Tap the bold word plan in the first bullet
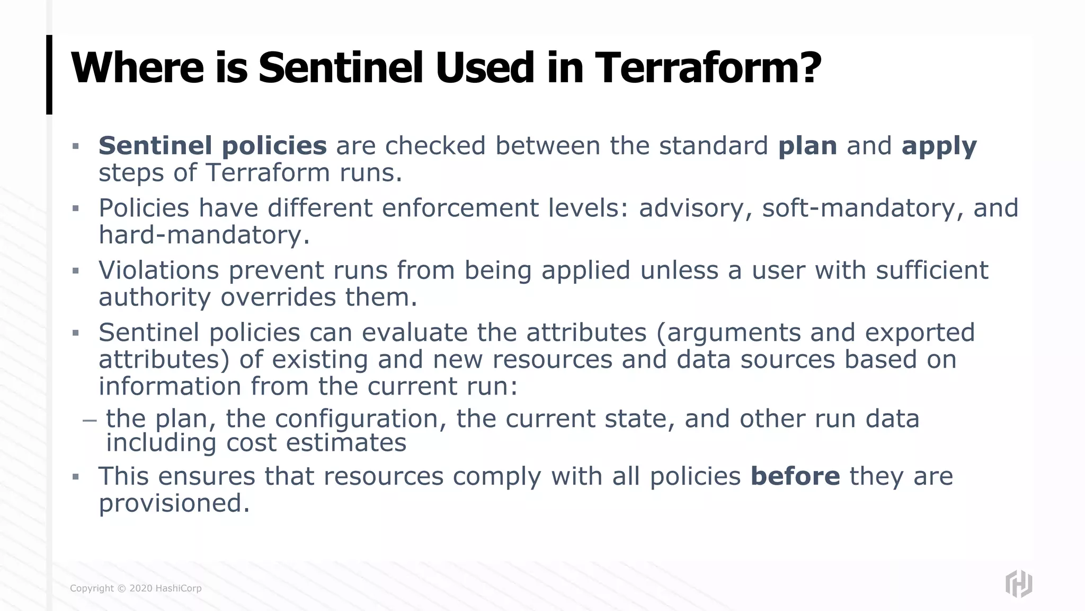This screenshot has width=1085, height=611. (x=807, y=146)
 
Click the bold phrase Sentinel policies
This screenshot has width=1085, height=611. (x=212, y=146)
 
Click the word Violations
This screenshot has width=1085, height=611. (x=158, y=270)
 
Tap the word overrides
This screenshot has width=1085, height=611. (x=278, y=297)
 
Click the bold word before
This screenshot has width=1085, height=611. (x=795, y=476)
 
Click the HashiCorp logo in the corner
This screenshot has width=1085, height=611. (x=1019, y=584)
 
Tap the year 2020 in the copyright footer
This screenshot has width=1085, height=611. (x=141, y=588)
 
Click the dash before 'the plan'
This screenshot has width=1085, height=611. (x=90, y=420)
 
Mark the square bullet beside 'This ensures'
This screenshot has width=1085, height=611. (x=76, y=477)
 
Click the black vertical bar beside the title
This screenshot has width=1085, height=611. (x=49, y=74)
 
